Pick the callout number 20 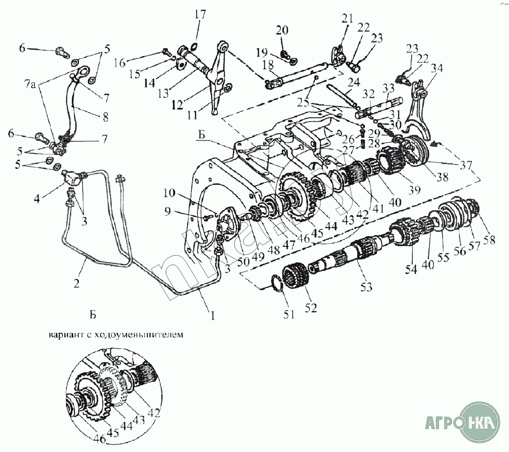click(282, 30)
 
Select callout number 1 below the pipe click(213, 315)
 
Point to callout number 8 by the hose click(105, 117)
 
